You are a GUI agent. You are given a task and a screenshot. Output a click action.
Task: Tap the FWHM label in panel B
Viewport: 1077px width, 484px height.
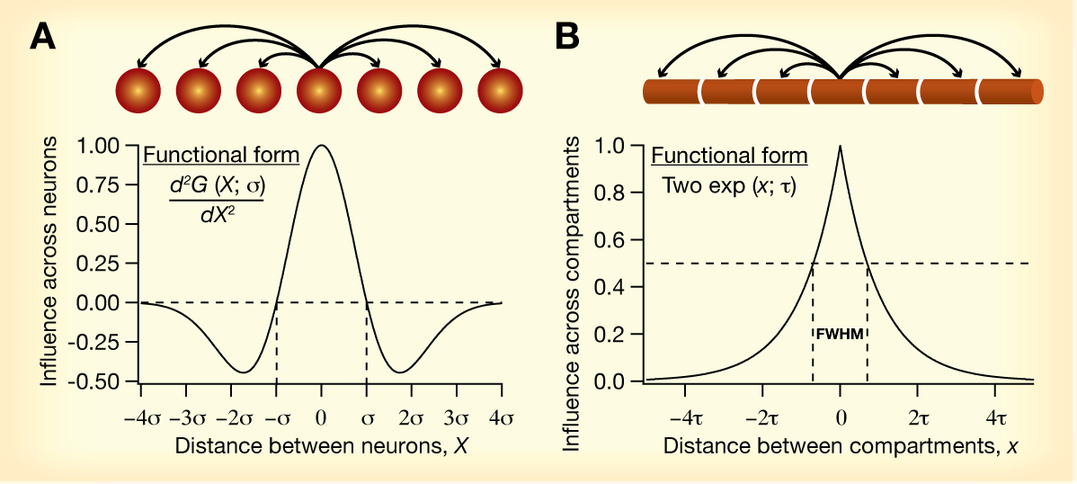(x=840, y=334)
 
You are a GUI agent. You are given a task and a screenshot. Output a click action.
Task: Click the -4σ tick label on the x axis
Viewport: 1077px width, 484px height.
(x=139, y=418)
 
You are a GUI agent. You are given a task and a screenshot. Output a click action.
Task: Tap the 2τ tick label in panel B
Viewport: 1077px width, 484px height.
(x=917, y=418)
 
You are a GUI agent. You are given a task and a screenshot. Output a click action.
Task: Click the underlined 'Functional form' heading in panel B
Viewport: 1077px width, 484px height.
(x=729, y=156)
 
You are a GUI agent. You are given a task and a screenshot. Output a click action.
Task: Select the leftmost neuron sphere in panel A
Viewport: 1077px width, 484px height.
(x=138, y=91)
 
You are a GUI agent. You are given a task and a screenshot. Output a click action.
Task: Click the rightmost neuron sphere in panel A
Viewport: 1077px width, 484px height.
(x=500, y=91)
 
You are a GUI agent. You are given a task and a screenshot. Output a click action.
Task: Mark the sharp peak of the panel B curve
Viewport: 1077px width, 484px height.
(x=841, y=147)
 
